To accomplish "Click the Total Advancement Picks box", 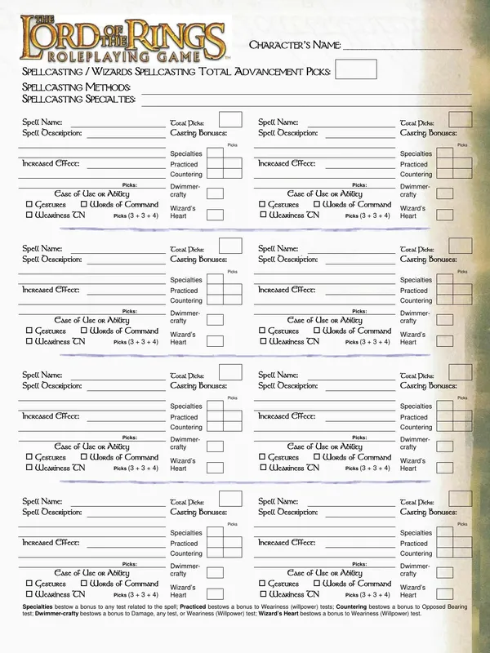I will tap(356, 69).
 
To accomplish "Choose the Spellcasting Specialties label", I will tap(78, 99).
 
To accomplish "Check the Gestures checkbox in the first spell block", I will tap(29, 205).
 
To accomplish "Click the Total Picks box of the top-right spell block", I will tap(461, 120).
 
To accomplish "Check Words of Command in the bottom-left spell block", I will tap(84, 584).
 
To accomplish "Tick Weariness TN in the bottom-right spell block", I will tap(264, 595).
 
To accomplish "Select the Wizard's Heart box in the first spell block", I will tap(215, 215).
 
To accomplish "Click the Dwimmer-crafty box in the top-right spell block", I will tap(445, 193).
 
